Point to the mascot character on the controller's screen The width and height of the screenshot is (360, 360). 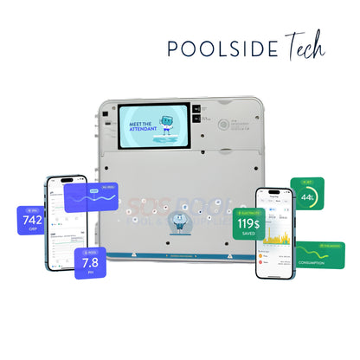[x=167, y=122]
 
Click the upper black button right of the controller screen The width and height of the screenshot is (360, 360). [x=197, y=110]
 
